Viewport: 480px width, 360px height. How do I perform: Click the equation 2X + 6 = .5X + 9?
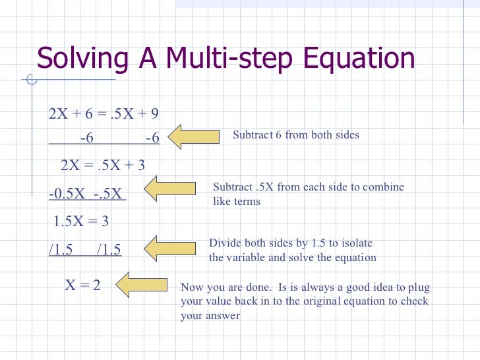click(x=104, y=114)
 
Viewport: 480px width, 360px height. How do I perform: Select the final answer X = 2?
click(x=82, y=285)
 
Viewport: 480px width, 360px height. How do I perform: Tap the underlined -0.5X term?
click(x=69, y=195)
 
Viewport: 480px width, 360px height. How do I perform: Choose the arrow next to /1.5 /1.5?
click(x=169, y=248)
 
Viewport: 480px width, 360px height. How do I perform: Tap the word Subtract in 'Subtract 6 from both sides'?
click(x=253, y=135)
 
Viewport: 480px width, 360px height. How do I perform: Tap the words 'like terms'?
click(x=237, y=202)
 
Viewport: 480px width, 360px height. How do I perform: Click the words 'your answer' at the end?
click(x=210, y=316)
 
